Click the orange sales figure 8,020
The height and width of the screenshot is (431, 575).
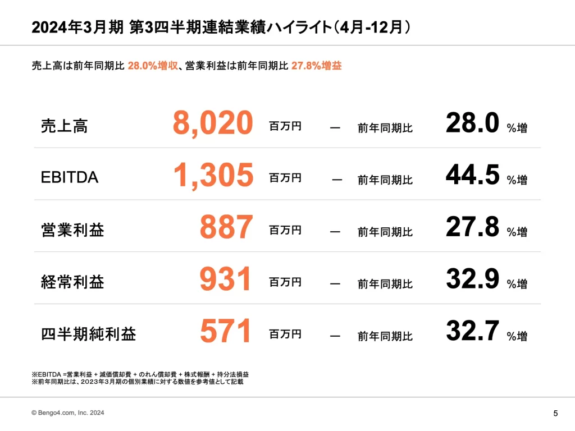212,123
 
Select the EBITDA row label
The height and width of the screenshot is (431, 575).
70,178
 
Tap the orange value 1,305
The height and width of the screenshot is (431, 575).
213,176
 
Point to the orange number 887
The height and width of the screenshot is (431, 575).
226,228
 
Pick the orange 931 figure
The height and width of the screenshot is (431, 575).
226,279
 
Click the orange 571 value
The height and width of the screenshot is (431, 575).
226,332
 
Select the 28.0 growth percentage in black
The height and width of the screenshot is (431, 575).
472,123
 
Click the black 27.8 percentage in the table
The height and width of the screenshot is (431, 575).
472,228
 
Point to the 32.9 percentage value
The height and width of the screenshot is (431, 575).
472,279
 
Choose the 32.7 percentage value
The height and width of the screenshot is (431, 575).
472,332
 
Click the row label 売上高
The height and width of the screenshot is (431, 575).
64,126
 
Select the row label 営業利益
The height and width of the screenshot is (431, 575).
72,230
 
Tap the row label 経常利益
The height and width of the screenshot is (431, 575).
72,282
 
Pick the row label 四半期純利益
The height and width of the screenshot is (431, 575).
88,334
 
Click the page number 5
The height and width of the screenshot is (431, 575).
555,414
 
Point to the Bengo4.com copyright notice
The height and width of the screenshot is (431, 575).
67,413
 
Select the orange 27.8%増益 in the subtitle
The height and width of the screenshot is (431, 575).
316,66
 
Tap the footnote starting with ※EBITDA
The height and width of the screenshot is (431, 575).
140,374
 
